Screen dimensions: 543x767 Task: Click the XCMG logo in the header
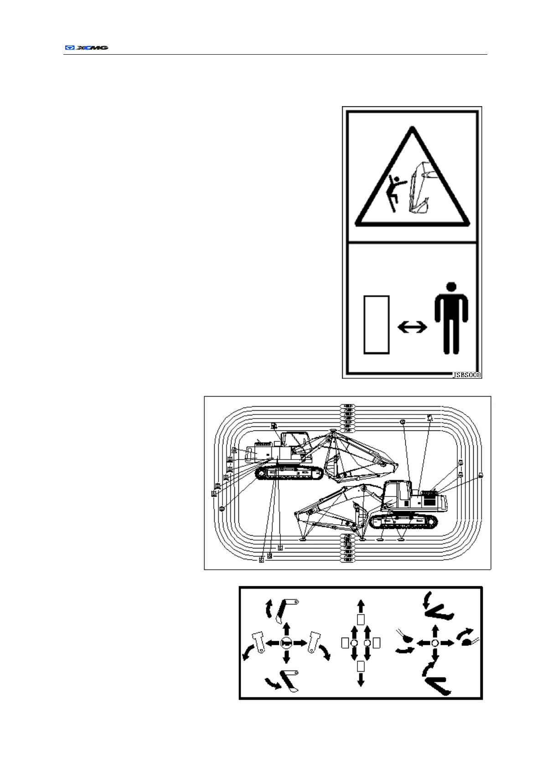click(86, 47)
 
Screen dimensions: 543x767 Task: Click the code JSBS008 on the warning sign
click(466, 375)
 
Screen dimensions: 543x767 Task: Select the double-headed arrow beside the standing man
click(412, 327)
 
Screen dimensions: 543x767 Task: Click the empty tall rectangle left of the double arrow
click(376, 324)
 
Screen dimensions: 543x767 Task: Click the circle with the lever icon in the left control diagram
click(286, 643)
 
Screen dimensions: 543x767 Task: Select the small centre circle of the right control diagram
click(434, 643)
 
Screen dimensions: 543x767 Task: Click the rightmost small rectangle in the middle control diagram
click(377, 643)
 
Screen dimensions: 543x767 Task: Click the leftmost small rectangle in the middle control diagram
click(345, 643)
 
